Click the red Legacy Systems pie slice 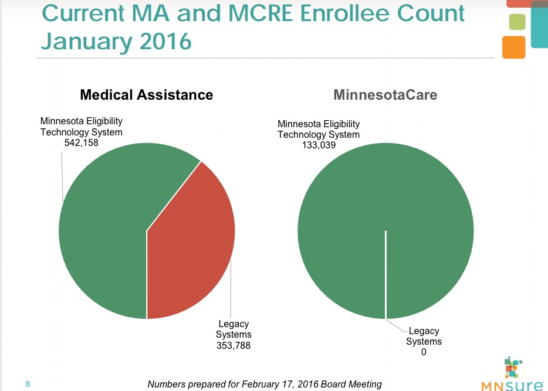click(191, 246)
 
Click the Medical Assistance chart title click(146, 94)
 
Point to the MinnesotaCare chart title click(385, 94)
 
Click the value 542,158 click(81, 143)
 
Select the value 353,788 click(234, 345)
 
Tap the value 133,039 click(318, 145)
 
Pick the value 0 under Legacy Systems click(423, 352)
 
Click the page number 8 click(27, 384)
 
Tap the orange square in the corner click(513, 47)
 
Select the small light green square click(516, 22)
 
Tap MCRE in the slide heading click(240, 13)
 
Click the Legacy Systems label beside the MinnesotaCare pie click(424, 336)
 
